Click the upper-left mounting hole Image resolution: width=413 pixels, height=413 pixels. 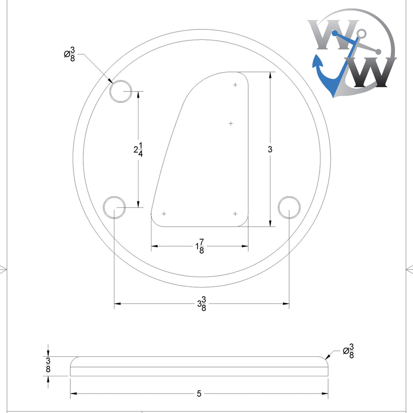tap(121, 91)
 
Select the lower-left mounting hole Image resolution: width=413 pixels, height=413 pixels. tap(114, 207)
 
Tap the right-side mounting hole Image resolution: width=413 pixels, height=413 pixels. tap(289, 207)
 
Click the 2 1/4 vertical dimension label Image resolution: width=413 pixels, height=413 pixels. tap(138, 150)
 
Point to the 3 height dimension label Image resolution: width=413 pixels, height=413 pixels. tap(270, 150)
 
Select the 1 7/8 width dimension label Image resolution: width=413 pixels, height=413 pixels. tap(200, 246)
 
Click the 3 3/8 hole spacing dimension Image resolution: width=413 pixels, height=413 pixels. tap(202, 304)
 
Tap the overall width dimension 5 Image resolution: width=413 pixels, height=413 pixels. tap(199, 393)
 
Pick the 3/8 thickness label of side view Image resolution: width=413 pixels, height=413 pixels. tap(48, 366)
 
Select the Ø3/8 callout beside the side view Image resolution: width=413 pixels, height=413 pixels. tap(348, 351)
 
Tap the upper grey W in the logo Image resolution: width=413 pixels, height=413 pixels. tap(333, 34)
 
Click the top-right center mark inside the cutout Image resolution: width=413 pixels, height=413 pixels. tap(235, 85)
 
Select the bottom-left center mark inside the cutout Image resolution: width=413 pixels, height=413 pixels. tap(164, 214)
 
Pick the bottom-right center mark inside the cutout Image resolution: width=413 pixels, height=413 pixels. tap(235, 214)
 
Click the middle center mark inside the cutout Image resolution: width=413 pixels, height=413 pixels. tap(231, 123)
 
